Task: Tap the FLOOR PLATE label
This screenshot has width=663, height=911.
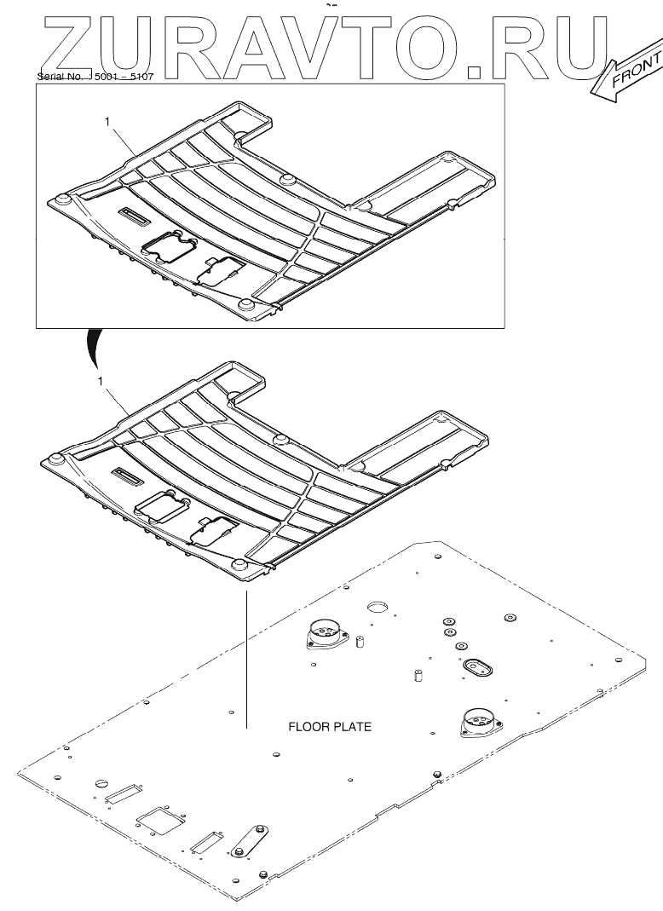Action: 330,727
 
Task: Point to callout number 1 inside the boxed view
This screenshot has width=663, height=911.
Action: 107,122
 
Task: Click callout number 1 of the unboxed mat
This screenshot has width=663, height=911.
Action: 101,382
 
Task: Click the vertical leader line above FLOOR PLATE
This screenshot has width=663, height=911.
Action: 245,656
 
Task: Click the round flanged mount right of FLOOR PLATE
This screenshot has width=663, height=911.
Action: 477,723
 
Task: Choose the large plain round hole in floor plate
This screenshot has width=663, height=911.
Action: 377,608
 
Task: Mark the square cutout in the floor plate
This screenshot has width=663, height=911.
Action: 161,820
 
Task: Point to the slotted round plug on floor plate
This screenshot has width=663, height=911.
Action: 101,783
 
